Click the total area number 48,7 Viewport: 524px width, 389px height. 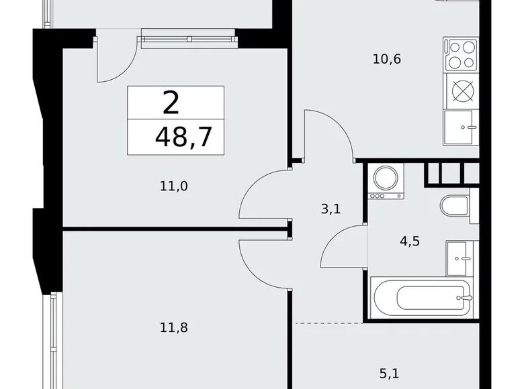[183, 137]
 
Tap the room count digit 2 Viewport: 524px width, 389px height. [171, 103]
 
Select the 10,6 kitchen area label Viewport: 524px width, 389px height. [386, 59]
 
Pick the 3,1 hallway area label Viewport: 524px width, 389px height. [331, 209]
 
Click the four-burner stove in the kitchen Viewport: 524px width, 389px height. [460, 54]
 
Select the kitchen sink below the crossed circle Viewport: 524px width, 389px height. [460, 127]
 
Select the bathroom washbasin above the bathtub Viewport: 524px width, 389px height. [461, 256]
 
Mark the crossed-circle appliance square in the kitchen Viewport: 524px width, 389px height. [462, 90]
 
